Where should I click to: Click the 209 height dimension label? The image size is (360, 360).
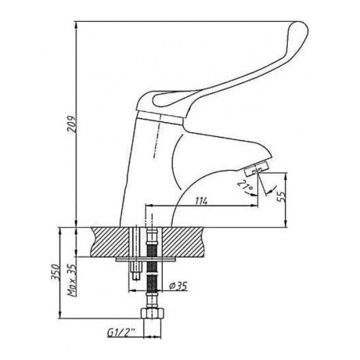point(72,124)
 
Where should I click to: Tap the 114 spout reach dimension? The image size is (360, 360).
point(201,200)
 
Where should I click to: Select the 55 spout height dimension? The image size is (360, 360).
point(282,196)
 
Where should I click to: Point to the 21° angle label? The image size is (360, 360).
point(246,186)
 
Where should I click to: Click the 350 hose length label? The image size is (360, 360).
point(56,272)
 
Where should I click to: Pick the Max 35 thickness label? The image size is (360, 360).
point(72,280)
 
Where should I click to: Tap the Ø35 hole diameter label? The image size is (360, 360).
point(178,286)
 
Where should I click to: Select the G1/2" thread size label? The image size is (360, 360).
point(121,332)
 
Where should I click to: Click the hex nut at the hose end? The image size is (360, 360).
point(153,313)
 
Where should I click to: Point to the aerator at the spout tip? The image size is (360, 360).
point(256,168)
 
